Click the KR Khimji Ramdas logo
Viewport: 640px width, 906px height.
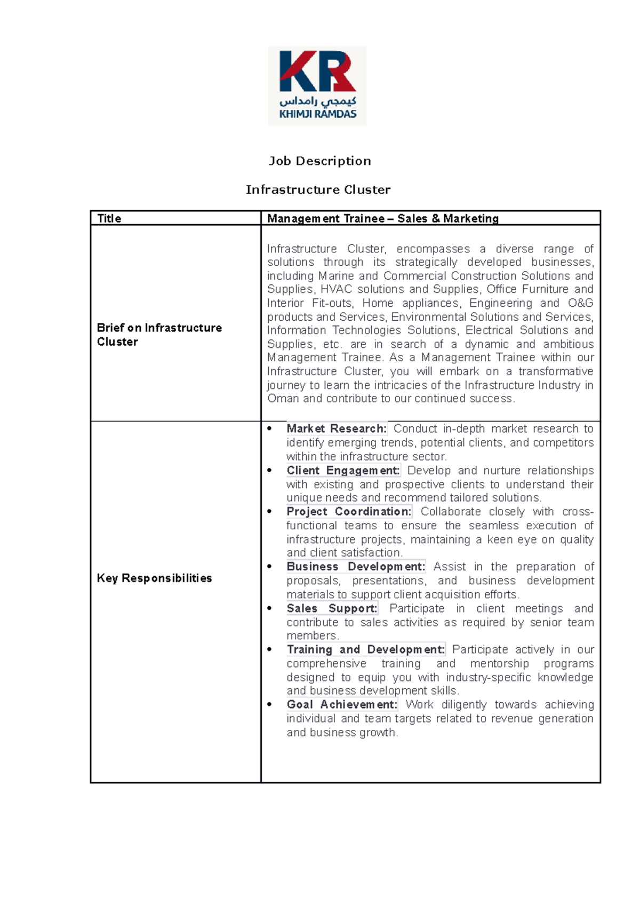click(317, 86)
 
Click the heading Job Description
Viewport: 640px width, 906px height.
click(319, 161)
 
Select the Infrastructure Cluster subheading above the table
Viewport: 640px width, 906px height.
click(318, 190)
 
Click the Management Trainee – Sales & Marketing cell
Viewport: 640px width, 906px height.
click(382, 218)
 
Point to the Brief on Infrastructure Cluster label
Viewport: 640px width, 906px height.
click(159, 335)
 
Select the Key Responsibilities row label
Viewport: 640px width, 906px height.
click(154, 578)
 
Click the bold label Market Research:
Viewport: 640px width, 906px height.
click(336, 428)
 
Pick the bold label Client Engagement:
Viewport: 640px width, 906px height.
click(342, 470)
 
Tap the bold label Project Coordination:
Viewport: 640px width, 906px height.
click(349, 511)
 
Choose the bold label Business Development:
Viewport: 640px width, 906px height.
click(355, 567)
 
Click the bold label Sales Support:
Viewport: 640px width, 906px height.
click(331, 608)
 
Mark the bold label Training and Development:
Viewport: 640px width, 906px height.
click(365, 649)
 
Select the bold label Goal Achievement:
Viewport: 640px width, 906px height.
click(341, 704)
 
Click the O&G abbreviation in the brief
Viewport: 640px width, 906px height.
click(580, 303)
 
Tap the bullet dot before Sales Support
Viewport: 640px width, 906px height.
click(270, 608)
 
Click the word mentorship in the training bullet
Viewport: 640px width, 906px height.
click(499, 663)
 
